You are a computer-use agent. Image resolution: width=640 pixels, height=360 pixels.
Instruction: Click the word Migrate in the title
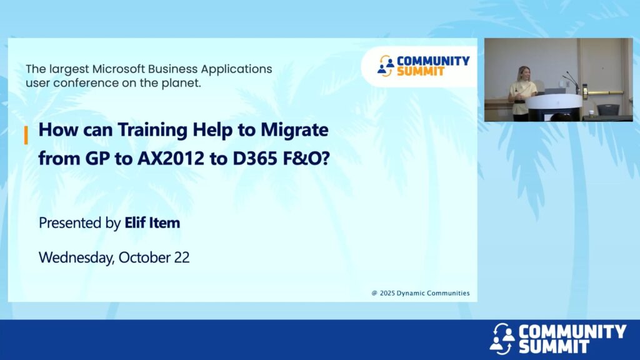pos(294,130)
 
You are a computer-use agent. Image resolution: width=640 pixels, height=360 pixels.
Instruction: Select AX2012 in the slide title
pos(171,158)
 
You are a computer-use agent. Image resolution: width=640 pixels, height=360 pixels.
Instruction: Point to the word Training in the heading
pos(152,130)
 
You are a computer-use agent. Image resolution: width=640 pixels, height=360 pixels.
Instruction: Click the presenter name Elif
pos(135,222)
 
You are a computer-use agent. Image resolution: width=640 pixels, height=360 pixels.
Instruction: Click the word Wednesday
pos(77,258)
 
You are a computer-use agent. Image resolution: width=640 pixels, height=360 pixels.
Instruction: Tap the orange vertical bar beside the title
pos(26,135)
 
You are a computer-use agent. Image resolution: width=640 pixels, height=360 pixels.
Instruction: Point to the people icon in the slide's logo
pos(385,66)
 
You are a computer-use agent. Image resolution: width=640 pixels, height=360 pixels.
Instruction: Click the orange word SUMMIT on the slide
pos(421,72)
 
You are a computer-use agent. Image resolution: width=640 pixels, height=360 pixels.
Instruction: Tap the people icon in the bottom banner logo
pos(502,338)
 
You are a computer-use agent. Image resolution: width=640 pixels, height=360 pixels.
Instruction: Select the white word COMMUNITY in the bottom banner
pos(572,331)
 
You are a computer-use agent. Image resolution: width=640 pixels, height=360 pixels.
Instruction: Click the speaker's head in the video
pos(523,74)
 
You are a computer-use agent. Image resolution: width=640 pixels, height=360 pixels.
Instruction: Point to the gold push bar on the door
pos(606,92)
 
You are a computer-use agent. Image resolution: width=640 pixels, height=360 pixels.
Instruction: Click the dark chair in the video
pos(607,110)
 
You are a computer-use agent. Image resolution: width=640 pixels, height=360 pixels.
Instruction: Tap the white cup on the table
pos(591,112)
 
